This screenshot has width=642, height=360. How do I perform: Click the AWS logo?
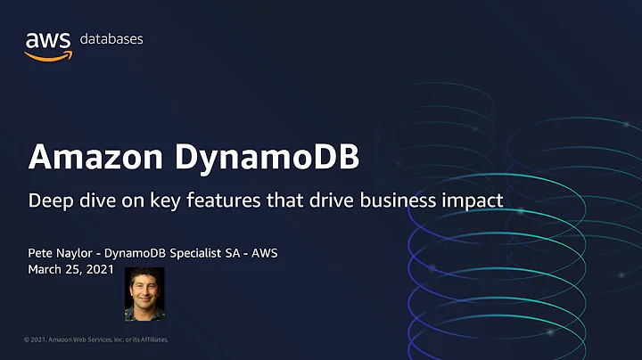pos(48,45)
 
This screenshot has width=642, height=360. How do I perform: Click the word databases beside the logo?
pos(111,39)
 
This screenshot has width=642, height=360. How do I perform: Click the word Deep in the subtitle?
pos(49,201)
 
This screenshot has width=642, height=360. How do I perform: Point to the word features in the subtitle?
pos(235,200)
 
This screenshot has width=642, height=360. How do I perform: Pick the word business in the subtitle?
pos(399,201)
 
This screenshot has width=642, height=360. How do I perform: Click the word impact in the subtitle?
pos(473,201)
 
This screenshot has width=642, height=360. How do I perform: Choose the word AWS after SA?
pos(263,253)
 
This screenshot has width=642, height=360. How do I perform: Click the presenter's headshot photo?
pos(144,293)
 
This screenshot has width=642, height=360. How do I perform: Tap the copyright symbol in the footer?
pos(27,340)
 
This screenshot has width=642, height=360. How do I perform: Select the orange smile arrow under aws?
pos(47,55)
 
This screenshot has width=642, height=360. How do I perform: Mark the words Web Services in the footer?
pos(89,340)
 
